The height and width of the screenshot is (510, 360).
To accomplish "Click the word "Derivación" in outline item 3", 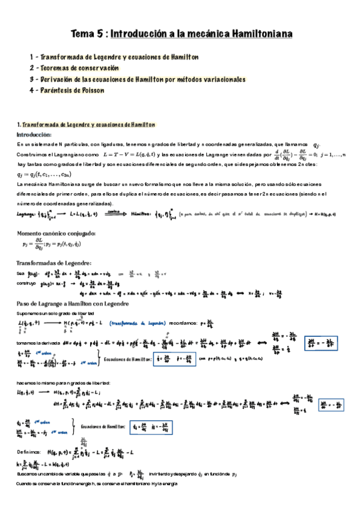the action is pos(63,79).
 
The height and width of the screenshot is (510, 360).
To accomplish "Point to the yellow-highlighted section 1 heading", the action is pos(86,124).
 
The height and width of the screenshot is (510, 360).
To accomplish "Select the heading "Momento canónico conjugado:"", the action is pos(55,233).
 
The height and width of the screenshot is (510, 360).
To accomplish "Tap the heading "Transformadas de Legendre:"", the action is pos(53,263).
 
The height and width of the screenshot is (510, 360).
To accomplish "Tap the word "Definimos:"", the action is pos(29,450).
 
